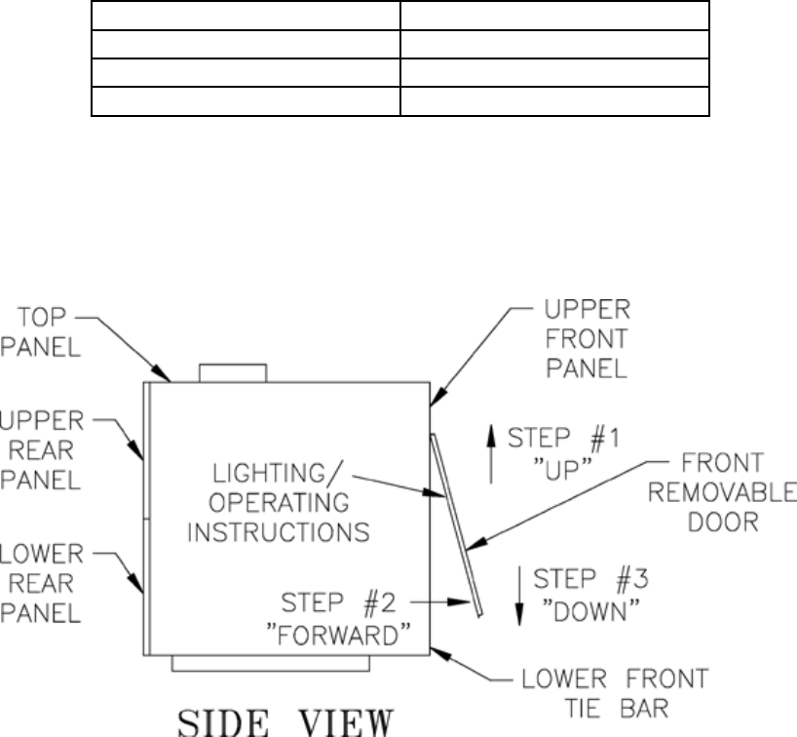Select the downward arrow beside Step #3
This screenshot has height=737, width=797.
pyautogui.click(x=519, y=596)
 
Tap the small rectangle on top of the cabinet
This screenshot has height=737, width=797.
pyautogui.click(x=232, y=372)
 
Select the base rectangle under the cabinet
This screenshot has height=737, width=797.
pyautogui.click(x=271, y=663)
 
